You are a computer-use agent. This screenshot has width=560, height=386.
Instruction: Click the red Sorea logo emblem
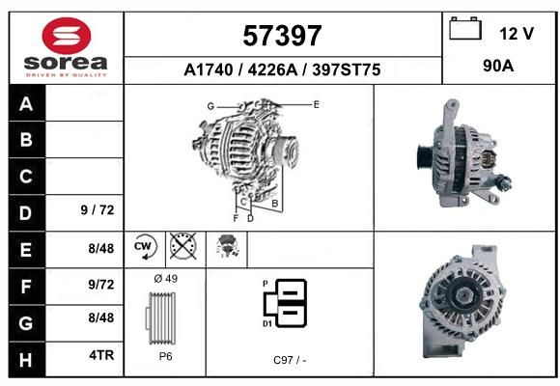click(x=67, y=36)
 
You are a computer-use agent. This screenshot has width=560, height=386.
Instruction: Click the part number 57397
click(x=282, y=36)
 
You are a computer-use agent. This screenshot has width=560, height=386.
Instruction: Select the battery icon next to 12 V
click(x=465, y=28)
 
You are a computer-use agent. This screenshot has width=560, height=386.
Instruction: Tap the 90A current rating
click(x=498, y=66)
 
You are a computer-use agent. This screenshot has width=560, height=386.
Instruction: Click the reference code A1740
click(x=209, y=70)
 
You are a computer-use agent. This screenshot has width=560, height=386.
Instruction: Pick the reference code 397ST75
click(x=347, y=70)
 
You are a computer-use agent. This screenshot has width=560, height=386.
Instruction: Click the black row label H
click(x=26, y=360)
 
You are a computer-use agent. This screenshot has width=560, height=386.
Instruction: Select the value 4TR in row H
click(x=101, y=355)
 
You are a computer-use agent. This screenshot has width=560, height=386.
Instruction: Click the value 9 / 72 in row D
click(x=98, y=210)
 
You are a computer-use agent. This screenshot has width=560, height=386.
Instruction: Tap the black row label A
click(x=26, y=104)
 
